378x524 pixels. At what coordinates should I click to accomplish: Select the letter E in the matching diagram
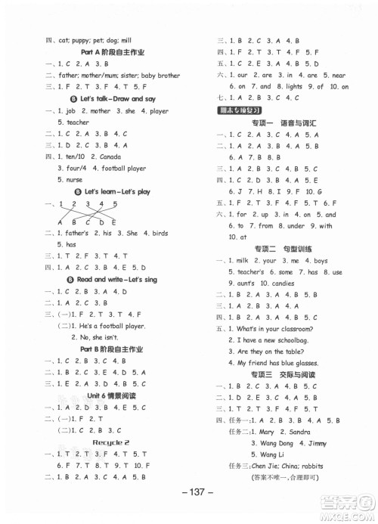tap(113, 222)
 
